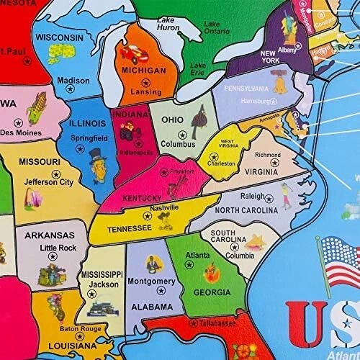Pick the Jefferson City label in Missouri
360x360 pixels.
49,182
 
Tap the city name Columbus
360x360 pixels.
178,144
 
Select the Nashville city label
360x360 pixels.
163,207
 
